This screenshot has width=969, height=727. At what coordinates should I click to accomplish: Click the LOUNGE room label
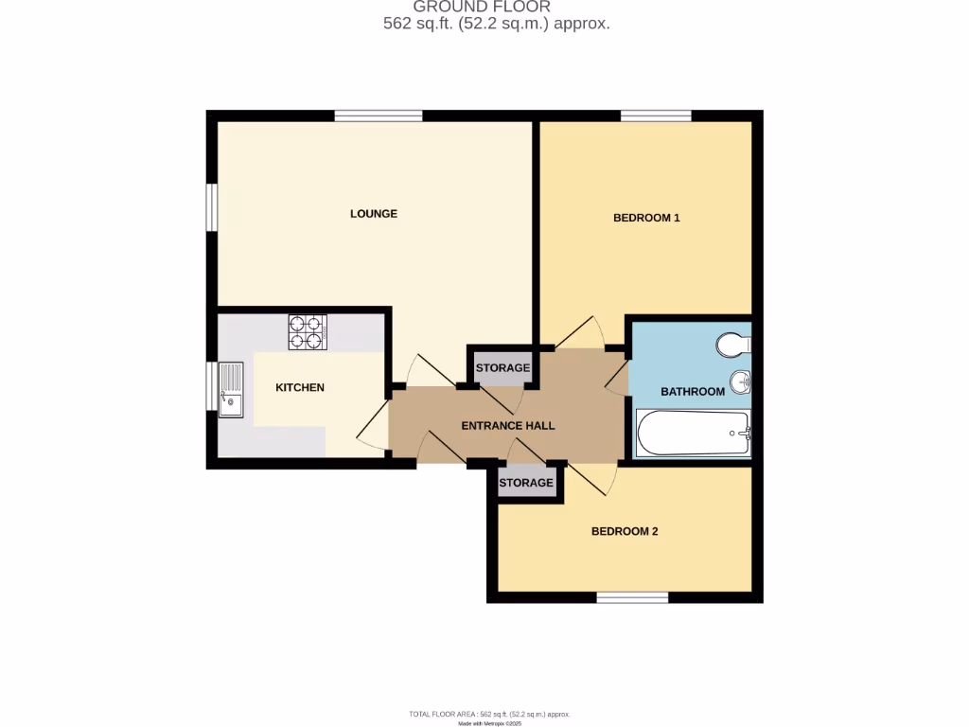374,214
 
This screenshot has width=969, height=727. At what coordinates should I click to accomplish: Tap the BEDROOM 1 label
646,218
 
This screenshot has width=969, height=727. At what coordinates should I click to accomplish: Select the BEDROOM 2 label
625,531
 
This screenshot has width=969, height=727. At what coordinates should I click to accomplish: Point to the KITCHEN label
300,387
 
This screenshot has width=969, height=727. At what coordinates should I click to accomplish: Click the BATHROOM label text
693,391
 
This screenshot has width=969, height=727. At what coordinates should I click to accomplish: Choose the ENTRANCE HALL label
508,425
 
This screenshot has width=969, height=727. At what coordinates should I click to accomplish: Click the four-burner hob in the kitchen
308,332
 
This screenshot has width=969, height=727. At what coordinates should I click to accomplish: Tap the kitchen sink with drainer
230,390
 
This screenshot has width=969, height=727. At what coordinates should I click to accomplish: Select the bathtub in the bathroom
694,434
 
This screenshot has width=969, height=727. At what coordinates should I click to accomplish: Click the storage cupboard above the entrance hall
502,367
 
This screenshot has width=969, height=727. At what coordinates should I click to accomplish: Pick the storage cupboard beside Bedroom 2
526,483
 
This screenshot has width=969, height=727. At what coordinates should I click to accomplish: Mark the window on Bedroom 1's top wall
656,116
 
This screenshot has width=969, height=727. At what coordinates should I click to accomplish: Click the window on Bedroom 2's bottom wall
632,597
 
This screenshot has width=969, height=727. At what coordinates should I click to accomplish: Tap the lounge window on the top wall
378,116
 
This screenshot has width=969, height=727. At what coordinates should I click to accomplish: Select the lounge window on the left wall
213,206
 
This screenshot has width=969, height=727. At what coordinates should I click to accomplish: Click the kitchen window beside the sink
213,385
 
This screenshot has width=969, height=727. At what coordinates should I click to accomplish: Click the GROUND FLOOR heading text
482,7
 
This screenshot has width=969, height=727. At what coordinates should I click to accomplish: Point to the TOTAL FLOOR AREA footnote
489,714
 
